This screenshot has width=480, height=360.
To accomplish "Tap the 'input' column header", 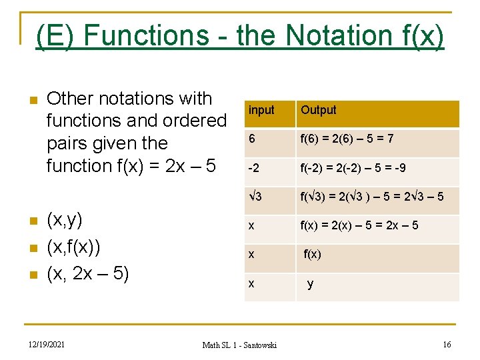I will pyautogui.click(x=261, y=110).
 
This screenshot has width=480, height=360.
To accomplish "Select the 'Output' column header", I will pyautogui.click(x=319, y=110).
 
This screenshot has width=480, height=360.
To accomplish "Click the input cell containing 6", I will pyautogui.click(x=252, y=139).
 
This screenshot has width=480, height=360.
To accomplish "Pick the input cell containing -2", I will pyautogui.click(x=254, y=167).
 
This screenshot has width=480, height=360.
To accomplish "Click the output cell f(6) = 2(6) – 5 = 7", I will pyautogui.click(x=347, y=139).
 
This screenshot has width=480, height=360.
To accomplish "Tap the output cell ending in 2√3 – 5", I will pyautogui.click(x=371, y=196).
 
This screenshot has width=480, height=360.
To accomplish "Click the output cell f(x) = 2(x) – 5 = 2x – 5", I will pyautogui.click(x=359, y=225).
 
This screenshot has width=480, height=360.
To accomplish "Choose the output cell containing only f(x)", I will pyautogui.click(x=312, y=254).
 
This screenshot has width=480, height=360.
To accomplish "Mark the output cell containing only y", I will pyautogui.click(x=310, y=283).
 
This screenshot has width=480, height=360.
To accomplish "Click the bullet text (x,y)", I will pyautogui.click(x=65, y=221).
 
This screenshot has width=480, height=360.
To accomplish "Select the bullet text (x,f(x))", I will pyautogui.click(x=73, y=247).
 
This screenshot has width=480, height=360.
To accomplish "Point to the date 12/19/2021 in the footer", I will pyautogui.click(x=47, y=344).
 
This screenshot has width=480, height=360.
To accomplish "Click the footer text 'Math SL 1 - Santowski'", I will pyautogui.click(x=239, y=345).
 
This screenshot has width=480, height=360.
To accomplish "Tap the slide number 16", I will pyautogui.click(x=447, y=344).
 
